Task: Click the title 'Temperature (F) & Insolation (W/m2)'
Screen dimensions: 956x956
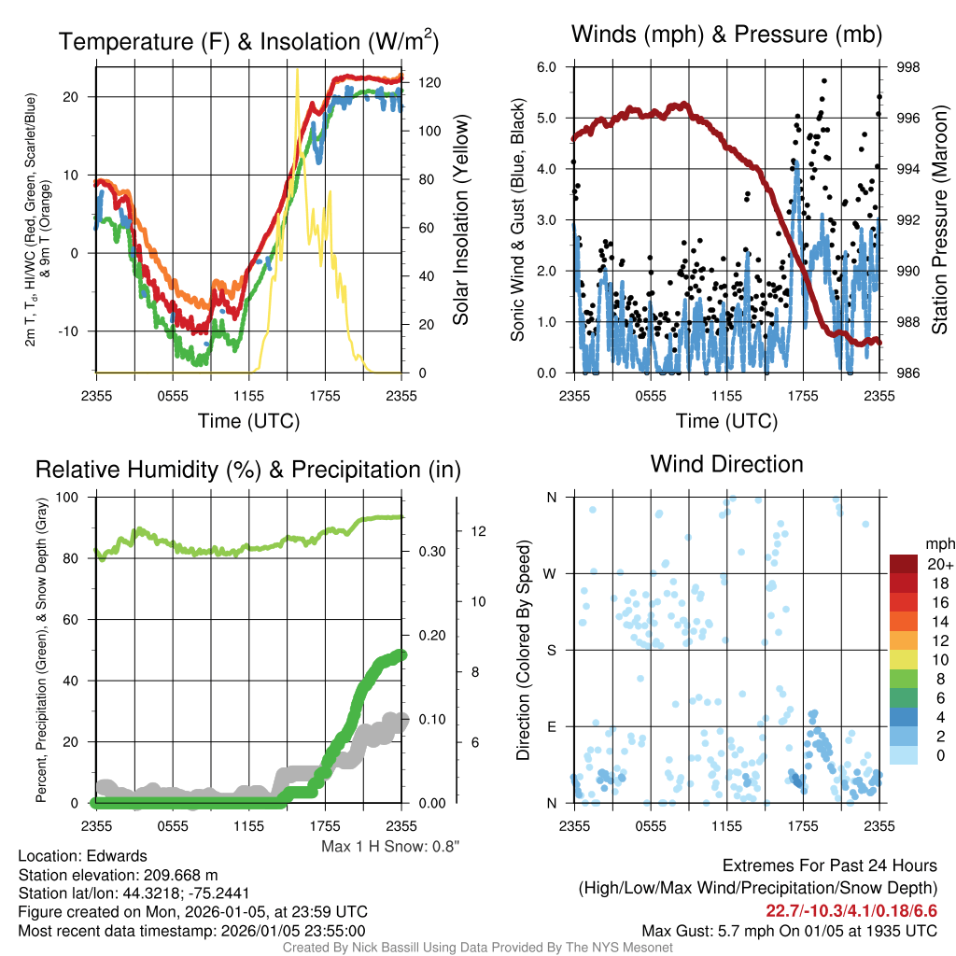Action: point(248,42)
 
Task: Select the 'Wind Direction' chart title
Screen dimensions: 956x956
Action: point(726,464)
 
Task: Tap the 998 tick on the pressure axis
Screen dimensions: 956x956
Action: point(907,67)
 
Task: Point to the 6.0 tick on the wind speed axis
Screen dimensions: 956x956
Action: point(547,67)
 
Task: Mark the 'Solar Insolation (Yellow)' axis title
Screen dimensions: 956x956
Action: point(460,220)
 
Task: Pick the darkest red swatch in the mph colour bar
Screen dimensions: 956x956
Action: point(904,564)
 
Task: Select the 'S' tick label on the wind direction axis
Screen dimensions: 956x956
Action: point(551,650)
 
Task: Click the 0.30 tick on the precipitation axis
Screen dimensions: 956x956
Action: point(431,552)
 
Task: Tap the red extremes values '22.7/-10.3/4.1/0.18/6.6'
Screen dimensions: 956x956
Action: point(851,910)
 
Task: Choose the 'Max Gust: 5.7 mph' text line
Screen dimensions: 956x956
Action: point(789,931)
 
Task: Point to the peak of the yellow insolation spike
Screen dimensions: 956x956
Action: point(297,69)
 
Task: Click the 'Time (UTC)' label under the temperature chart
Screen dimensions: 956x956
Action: point(248,421)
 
